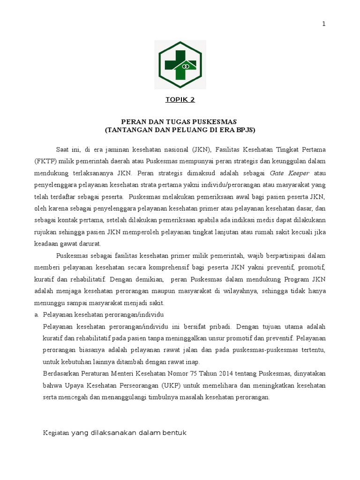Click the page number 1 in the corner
point(323,24)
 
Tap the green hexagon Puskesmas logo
point(180,64)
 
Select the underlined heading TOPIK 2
point(180,99)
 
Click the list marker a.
point(37,314)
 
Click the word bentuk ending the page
point(175,433)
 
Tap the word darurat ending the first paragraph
point(90,244)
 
